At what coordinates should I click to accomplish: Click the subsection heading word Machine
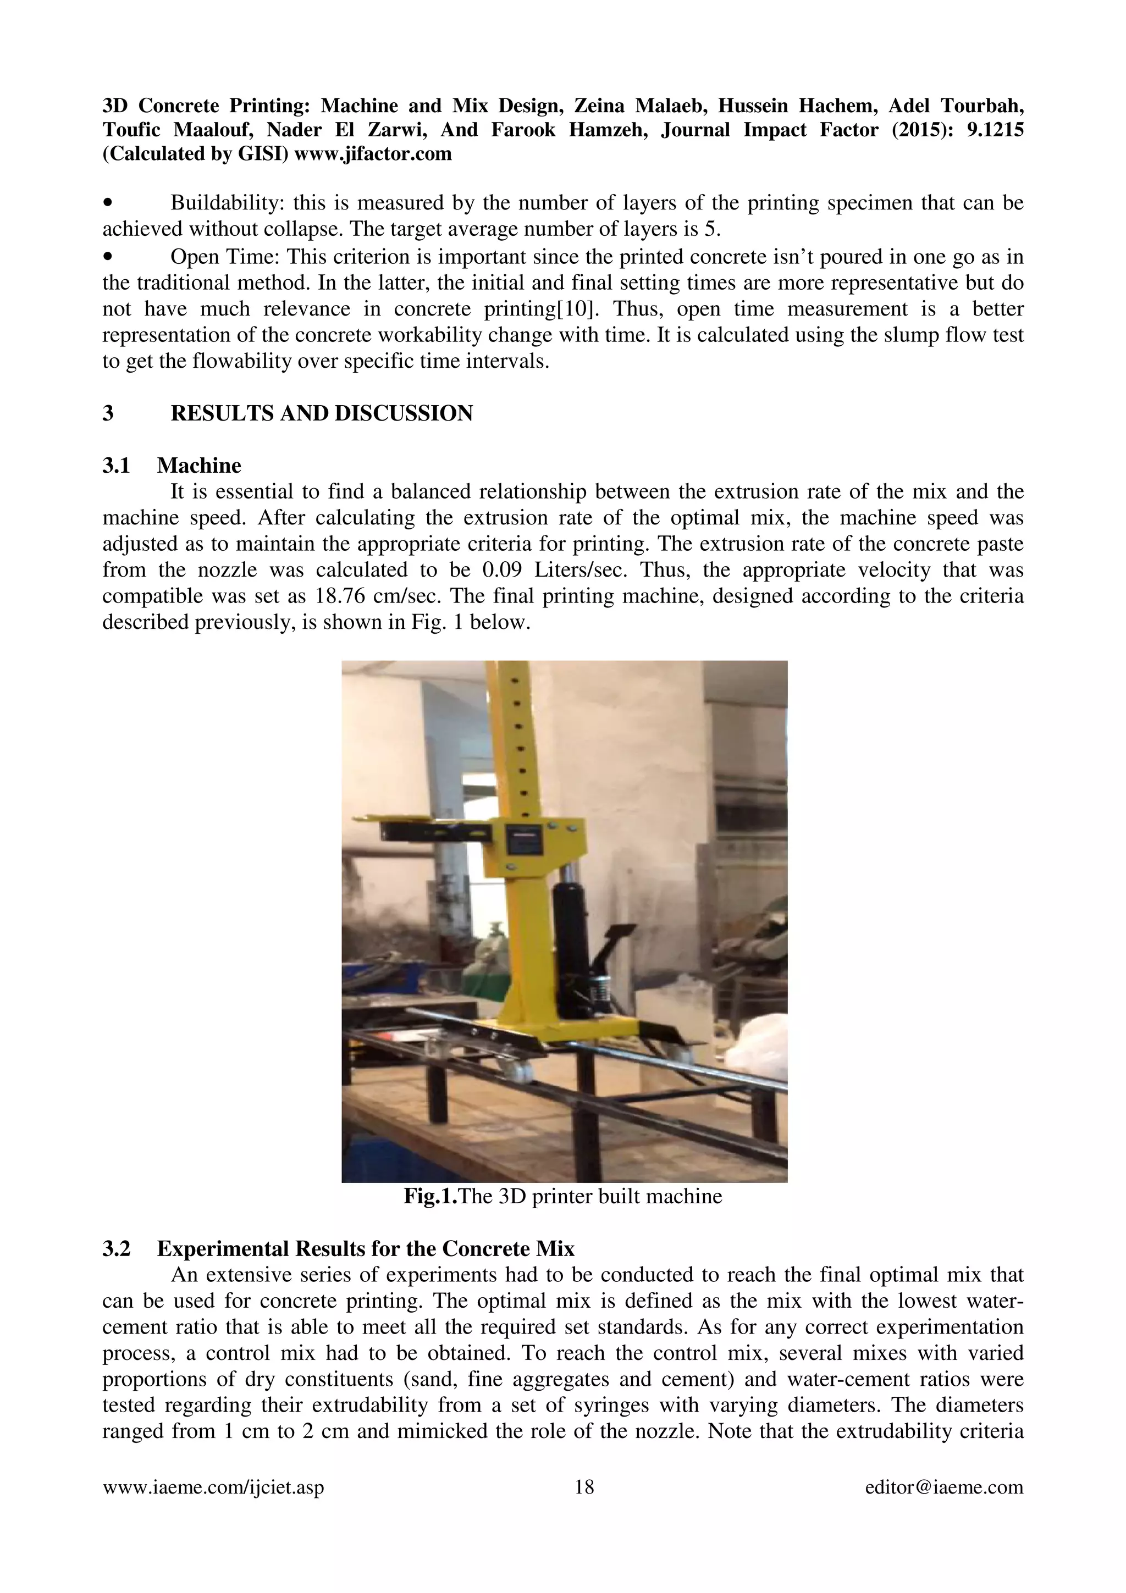[x=198, y=465]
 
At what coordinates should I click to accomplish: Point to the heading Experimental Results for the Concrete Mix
[x=366, y=1248]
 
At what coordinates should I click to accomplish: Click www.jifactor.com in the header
[x=373, y=153]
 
